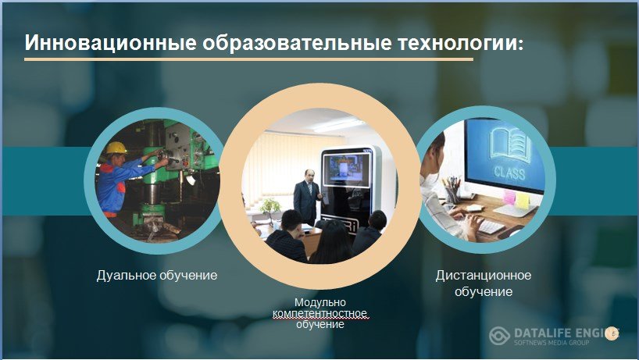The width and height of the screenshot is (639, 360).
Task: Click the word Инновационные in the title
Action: (x=110, y=42)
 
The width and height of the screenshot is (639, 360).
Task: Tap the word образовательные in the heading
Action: (x=297, y=43)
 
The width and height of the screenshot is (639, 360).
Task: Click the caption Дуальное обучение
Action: (x=157, y=276)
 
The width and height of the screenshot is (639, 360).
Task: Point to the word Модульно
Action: (x=320, y=302)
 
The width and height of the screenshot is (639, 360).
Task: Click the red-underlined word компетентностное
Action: (x=320, y=314)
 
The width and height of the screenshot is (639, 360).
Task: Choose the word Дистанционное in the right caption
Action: (x=484, y=276)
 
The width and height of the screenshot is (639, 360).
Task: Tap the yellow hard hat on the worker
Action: (x=116, y=148)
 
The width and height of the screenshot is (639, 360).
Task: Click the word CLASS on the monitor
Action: (x=509, y=173)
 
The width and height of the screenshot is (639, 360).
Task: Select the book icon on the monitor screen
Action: (x=511, y=144)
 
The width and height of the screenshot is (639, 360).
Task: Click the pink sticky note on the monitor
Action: (x=509, y=197)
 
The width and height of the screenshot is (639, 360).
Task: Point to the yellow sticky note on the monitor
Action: (x=523, y=201)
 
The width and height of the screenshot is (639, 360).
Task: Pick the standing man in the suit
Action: (x=306, y=197)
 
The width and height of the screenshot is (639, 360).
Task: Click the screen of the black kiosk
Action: (x=346, y=169)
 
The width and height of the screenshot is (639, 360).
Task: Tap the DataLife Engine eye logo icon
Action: (x=499, y=336)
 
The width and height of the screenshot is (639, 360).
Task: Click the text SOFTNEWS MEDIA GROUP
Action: (x=552, y=343)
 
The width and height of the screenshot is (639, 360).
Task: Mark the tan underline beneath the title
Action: (x=248, y=59)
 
